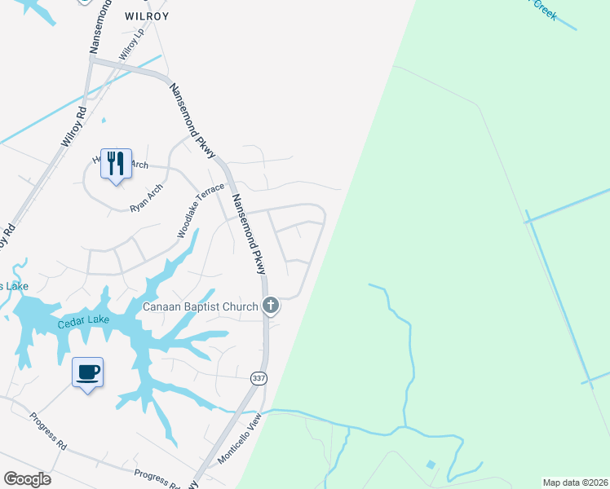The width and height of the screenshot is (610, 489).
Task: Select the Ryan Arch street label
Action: click(147, 198)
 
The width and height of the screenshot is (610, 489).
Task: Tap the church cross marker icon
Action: click(271, 306)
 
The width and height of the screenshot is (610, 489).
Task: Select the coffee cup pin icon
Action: click(87, 372)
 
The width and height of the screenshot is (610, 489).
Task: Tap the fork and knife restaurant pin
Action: click(116, 163)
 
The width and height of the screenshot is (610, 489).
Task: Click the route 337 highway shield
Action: click(259, 377)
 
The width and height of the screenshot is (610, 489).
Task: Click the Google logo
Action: click(27, 479)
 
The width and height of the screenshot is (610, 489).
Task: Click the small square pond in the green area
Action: click(431, 465)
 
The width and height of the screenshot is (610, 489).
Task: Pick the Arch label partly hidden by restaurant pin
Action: click(139, 165)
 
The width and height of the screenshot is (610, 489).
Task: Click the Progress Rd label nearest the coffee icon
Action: click(48, 431)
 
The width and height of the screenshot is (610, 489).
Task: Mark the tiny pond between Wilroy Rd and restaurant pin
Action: click(104, 121)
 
